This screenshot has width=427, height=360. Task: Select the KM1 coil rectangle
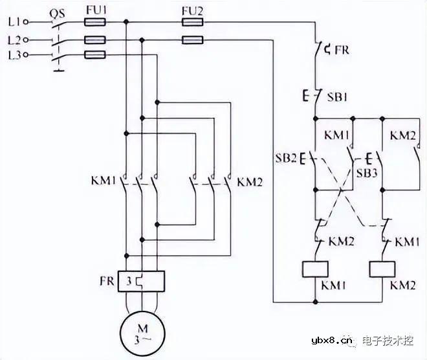tap(315, 269)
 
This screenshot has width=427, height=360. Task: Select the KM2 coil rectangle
tap(382, 269)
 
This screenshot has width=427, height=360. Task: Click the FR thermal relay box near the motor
tap(142, 282)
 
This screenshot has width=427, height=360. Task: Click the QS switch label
tap(58, 9)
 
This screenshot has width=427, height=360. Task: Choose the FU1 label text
tap(96, 9)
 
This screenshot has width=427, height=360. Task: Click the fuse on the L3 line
tap(96, 56)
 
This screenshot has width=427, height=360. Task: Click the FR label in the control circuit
tap(342, 49)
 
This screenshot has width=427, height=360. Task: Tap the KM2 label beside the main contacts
tap(250, 181)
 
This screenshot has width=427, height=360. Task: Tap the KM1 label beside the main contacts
tap(102, 181)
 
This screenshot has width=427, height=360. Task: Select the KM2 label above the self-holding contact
tap(403, 135)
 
